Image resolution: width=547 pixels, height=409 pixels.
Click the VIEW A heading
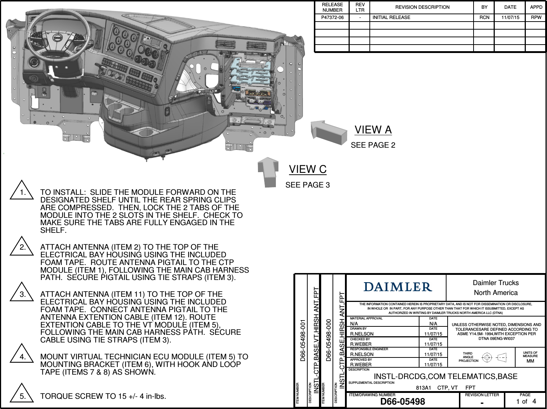click(x=373, y=130)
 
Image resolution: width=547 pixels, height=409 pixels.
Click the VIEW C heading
click(x=308, y=169)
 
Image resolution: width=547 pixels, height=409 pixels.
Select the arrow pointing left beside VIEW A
click(x=328, y=132)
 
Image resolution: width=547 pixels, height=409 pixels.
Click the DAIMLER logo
click(x=398, y=287)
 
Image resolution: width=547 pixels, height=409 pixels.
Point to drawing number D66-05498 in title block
click(x=403, y=401)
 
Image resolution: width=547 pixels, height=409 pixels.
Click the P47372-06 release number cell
click(x=332, y=17)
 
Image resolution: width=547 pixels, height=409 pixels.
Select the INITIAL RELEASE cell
click(x=391, y=17)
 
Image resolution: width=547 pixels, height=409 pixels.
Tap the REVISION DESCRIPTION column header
click(x=422, y=7)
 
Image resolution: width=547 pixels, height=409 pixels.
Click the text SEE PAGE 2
click(x=373, y=145)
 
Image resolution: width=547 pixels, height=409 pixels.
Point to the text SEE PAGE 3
click(x=307, y=185)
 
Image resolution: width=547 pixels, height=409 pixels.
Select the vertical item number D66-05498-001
click(x=303, y=340)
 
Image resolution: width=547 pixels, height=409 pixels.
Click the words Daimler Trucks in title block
click(x=495, y=283)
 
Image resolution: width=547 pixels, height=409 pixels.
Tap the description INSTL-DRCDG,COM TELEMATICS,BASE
click(x=445, y=376)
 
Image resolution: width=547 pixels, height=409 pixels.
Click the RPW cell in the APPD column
click(x=536, y=17)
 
